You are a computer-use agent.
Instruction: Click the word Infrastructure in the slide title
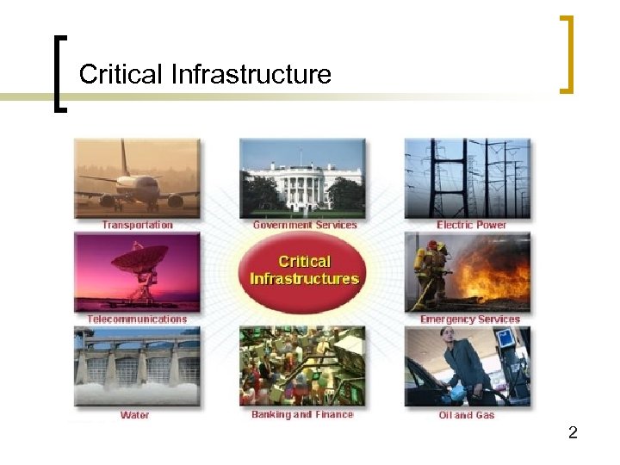251,74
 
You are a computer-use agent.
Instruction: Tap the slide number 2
573,433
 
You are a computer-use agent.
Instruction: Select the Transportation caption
137,226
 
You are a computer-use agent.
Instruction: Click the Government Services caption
305,226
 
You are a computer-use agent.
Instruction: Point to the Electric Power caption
470,226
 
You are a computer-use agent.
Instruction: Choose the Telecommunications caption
137,319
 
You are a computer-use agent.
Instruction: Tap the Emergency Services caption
470,319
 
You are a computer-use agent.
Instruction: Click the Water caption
134,415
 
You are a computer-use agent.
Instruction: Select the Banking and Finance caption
302,415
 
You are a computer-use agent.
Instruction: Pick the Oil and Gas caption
467,415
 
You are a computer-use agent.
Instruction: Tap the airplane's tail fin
125,158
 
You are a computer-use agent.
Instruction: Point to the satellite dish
139,258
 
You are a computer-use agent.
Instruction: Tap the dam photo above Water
137,366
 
